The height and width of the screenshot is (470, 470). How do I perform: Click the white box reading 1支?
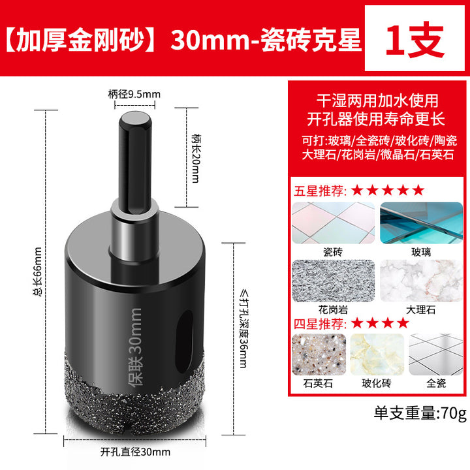415,38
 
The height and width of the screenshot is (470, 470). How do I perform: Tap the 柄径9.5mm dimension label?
134,95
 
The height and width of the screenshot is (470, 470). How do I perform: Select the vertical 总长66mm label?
37,272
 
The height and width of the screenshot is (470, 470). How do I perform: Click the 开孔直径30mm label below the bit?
135,452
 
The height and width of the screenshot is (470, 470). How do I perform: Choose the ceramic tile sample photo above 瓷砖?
334,223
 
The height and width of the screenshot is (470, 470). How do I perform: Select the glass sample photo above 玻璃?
421,223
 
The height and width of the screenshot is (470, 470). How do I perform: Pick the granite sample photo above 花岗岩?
334,281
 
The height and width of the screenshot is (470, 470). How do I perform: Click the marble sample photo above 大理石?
421,281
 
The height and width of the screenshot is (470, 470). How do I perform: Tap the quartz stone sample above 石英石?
319,354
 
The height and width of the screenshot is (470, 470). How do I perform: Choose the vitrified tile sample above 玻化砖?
377,354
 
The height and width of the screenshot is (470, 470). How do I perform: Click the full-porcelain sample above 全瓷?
435,354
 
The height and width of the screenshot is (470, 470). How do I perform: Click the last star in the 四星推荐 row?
403,323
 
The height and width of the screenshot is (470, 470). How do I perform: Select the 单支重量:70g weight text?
420,413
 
